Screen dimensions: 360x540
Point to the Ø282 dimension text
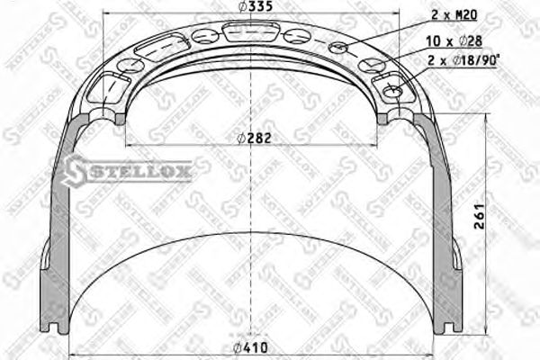[253, 138]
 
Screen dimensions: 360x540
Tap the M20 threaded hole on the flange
[338, 47]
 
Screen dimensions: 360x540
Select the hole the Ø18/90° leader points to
[392, 90]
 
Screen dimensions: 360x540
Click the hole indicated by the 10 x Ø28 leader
[368, 66]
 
